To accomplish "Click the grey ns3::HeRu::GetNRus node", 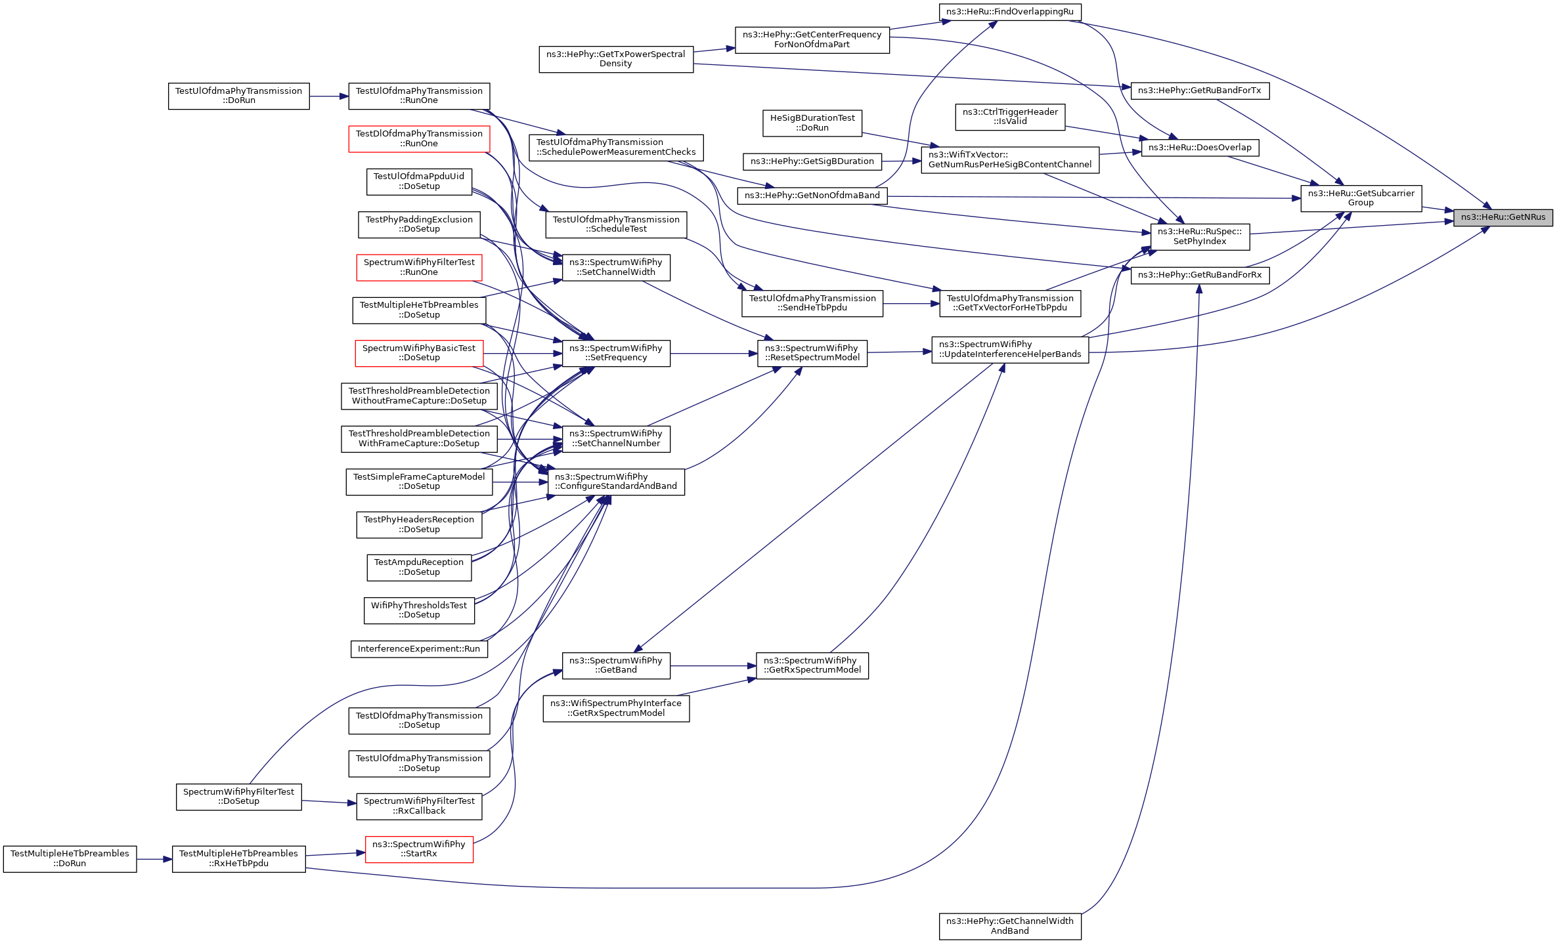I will pyautogui.click(x=1502, y=217).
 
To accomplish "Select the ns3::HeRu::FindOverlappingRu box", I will pyautogui.click(x=1009, y=12).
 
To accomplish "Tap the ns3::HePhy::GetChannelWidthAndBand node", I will pyautogui.click(x=1009, y=926).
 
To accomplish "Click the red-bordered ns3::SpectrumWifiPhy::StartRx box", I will pyautogui.click(x=419, y=849).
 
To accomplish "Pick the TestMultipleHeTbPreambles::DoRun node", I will pyautogui.click(x=70, y=858).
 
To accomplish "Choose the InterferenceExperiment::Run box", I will pyautogui.click(x=419, y=649).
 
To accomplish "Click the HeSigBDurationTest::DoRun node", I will pyautogui.click(x=812, y=123).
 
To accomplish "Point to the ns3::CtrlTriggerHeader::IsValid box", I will pyautogui.click(x=1010, y=117).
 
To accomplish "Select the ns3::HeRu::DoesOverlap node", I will pyautogui.click(x=1200, y=148).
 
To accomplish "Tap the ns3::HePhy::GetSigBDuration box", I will pyautogui.click(x=812, y=161).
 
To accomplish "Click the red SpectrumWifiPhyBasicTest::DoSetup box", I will pyautogui.click(x=419, y=353).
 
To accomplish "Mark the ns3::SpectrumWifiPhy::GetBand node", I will pyautogui.click(x=616, y=665).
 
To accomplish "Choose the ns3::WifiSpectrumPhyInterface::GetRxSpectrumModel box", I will pyautogui.click(x=616, y=708).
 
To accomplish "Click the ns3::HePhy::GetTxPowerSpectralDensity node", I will pyautogui.click(x=616, y=59).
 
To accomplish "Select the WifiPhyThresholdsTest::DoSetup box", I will pyautogui.click(x=419, y=610).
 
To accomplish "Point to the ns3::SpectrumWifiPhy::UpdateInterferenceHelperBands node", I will pyautogui.click(x=1010, y=349).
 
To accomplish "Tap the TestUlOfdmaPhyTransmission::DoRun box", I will pyautogui.click(x=238, y=96).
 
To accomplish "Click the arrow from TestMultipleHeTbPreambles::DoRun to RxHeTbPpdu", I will pyautogui.click(x=154, y=859).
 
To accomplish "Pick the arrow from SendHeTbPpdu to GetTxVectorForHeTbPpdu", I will pyautogui.click(x=911, y=304).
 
